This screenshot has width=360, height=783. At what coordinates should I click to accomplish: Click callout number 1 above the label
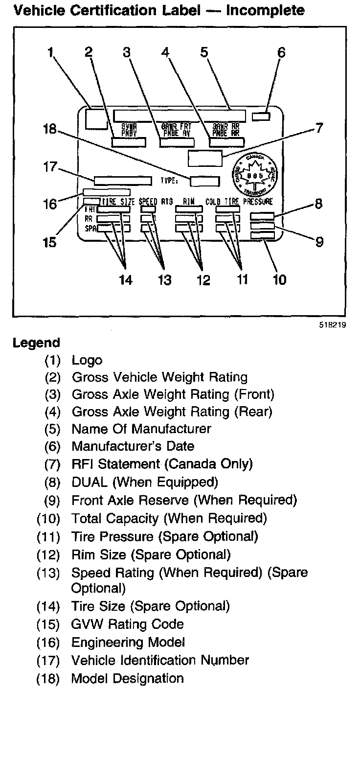[50, 53]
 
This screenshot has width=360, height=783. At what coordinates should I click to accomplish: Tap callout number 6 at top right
[281, 52]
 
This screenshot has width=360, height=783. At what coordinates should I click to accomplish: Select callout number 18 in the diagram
[50, 129]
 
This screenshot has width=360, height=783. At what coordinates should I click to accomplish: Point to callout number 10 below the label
[279, 280]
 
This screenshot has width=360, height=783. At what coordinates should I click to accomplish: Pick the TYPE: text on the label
[169, 181]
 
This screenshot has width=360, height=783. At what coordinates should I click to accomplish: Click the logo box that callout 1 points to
[96, 119]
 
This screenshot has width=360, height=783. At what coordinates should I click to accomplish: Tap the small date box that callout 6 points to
[261, 116]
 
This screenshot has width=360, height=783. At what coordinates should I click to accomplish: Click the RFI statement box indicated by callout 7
[205, 159]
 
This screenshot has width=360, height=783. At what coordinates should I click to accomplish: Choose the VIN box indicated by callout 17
[123, 181]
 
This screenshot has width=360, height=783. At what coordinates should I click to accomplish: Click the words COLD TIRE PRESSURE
[239, 202]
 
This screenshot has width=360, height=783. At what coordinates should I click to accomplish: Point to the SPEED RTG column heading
[156, 202]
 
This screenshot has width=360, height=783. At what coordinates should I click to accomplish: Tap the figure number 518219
[333, 325]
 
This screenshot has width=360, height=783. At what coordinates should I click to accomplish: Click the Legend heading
[36, 343]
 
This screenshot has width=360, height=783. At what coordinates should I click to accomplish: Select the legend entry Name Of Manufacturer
[141, 429]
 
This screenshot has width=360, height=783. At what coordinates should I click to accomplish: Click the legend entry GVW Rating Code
[128, 624]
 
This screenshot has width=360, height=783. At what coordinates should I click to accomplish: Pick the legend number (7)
[52, 464]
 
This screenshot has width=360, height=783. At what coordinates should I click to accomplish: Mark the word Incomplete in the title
[265, 10]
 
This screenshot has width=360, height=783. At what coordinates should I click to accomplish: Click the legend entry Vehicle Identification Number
[160, 661]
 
